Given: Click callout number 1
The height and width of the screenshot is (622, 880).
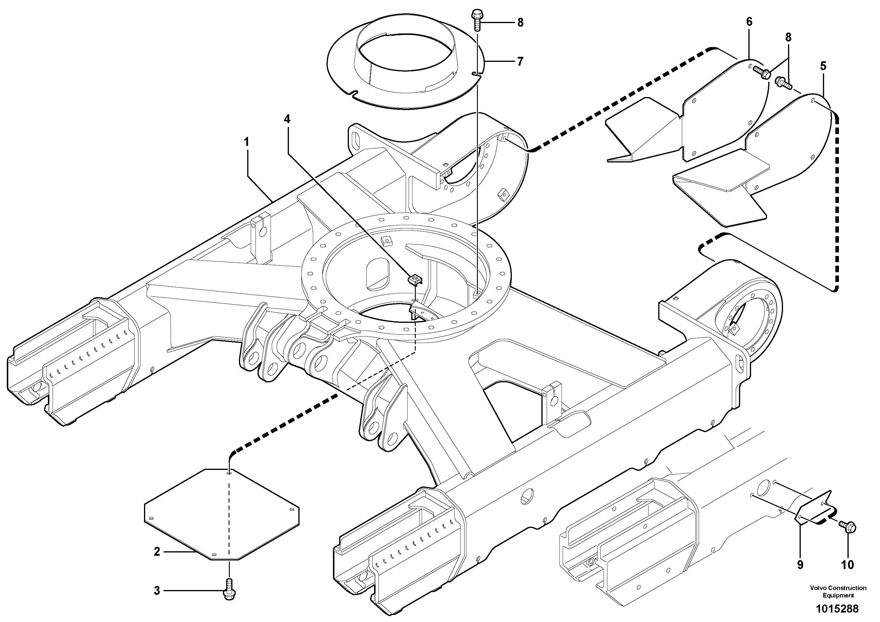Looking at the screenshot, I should [x=247, y=142].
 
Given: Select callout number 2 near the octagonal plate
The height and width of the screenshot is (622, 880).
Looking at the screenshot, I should [x=157, y=552].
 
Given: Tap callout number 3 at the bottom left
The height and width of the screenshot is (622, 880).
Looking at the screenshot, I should [x=157, y=591].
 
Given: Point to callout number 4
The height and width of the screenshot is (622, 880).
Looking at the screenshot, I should [x=287, y=119].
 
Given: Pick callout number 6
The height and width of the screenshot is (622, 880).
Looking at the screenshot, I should [x=749, y=22].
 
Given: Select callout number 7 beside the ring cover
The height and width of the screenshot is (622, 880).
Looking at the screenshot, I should [x=520, y=61].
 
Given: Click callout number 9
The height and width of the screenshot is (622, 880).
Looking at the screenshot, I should [x=800, y=565].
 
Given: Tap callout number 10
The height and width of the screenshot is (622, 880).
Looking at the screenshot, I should [x=847, y=565].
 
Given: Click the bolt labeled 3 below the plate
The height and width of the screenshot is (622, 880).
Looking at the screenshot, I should [x=229, y=590].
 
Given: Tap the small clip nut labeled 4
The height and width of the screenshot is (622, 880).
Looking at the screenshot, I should [x=415, y=280].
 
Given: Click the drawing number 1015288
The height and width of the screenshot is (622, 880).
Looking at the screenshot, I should [x=837, y=608].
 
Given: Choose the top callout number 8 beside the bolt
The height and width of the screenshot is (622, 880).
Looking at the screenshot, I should [x=520, y=22].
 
